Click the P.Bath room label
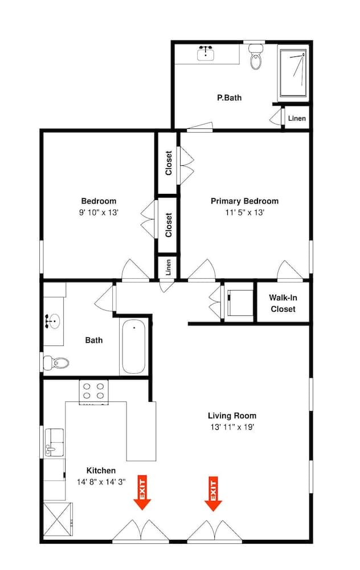coord(229,97)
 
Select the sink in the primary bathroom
coord(206,54)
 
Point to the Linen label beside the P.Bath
coord(297,119)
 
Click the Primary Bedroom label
coord(244,201)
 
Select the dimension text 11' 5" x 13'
coord(244,213)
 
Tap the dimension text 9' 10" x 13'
coord(99,213)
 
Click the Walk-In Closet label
coord(283,303)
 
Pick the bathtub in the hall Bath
coord(134,347)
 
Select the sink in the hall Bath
coord(53,321)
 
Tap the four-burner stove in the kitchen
coord(94,392)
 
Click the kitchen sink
coord(55,442)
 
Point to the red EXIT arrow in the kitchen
coord(142,492)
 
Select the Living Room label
coord(232,416)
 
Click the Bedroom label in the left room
coord(99,201)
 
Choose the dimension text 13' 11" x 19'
coord(232,427)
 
